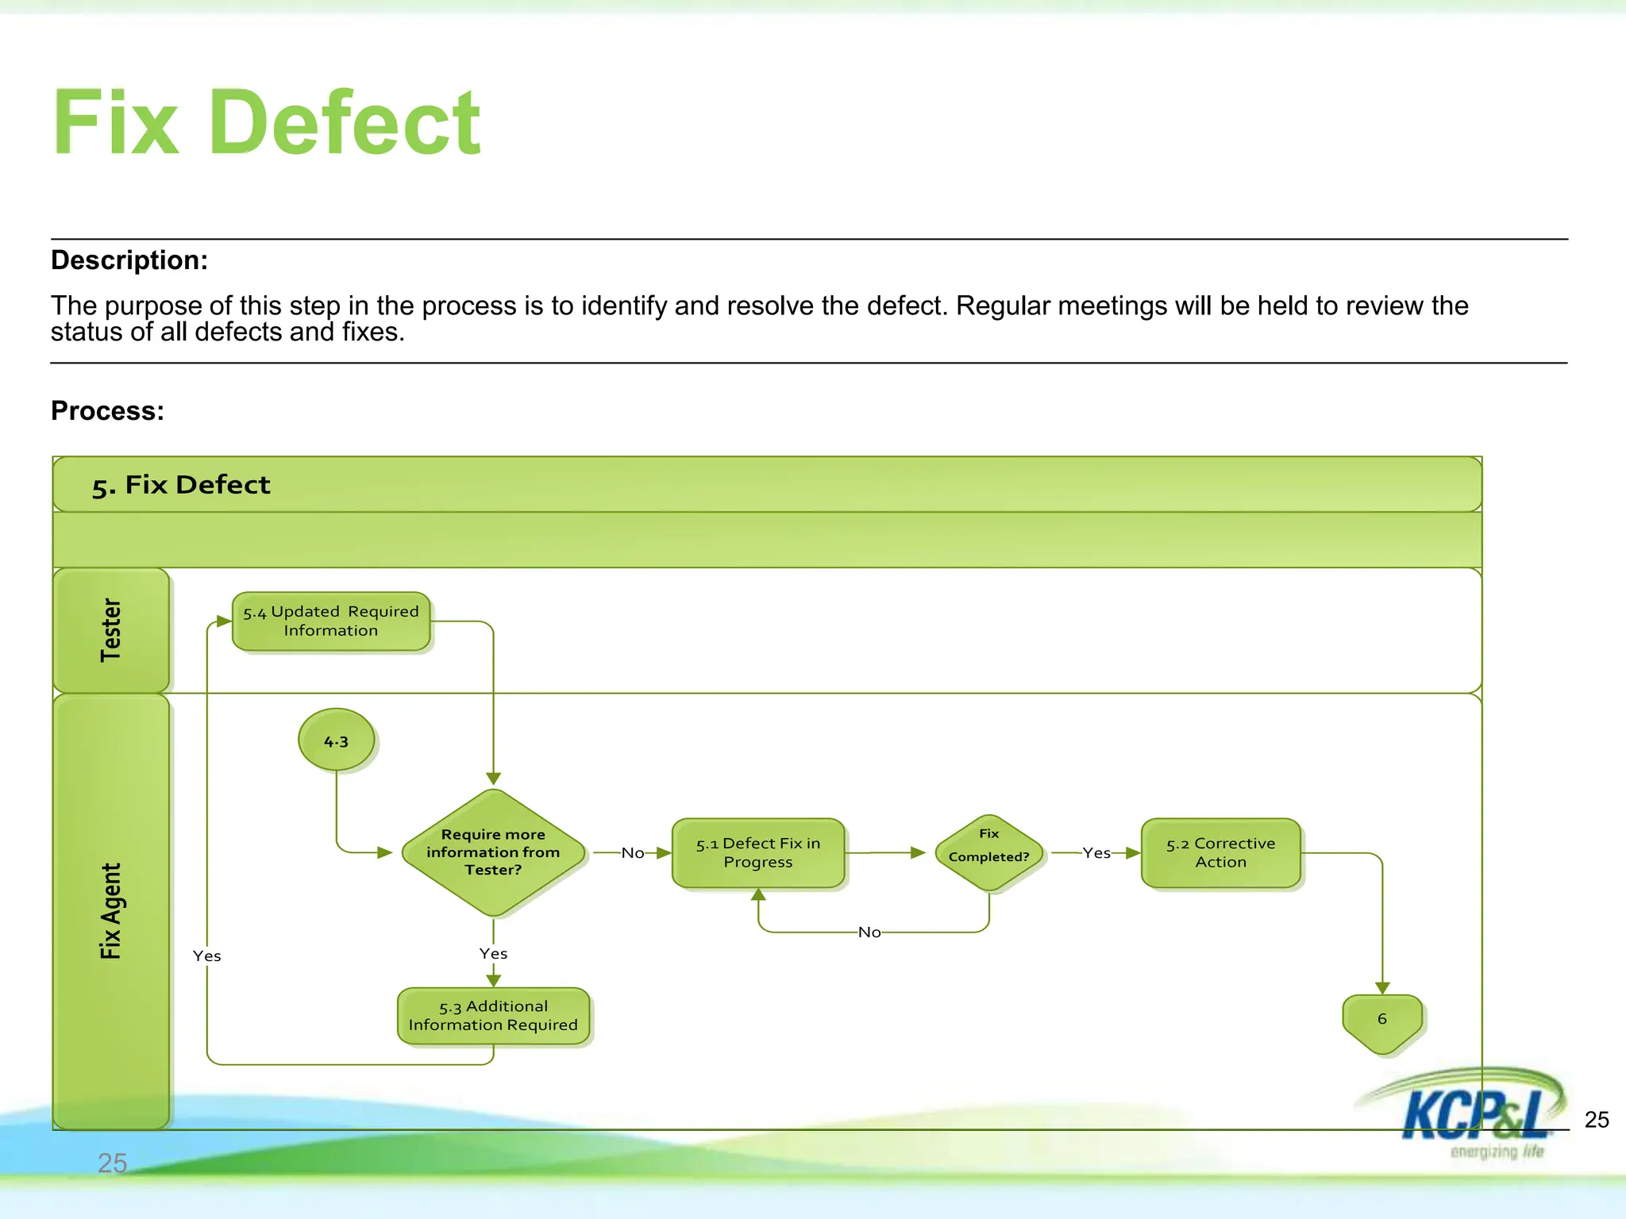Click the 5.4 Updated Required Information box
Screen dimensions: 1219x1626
(x=331, y=621)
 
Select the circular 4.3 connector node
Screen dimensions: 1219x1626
(x=336, y=740)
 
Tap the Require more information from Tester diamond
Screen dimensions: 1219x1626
(x=493, y=852)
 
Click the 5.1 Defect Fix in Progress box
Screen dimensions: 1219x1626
(x=757, y=852)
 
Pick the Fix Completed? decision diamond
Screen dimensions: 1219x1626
(x=988, y=852)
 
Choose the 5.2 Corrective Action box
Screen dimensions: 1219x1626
(x=1220, y=852)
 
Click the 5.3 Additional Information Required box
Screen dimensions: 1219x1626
(x=493, y=1015)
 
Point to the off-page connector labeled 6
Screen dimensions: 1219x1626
(x=1381, y=1021)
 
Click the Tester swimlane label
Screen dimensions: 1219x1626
(x=110, y=630)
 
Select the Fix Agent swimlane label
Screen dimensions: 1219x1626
(x=110, y=911)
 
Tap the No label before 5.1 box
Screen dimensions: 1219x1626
(x=633, y=853)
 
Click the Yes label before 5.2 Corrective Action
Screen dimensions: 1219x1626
(x=1096, y=853)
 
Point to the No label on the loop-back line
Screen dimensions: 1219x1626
(x=869, y=933)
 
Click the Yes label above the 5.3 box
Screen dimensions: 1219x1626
(x=493, y=954)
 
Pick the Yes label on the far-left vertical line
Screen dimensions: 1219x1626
(x=206, y=956)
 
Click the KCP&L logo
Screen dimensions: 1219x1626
(x=1469, y=1114)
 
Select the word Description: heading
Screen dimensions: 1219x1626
(x=129, y=260)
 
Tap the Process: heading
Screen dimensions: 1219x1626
(x=107, y=411)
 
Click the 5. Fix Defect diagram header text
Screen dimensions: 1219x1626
(x=181, y=485)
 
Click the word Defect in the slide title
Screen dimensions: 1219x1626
(x=344, y=123)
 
